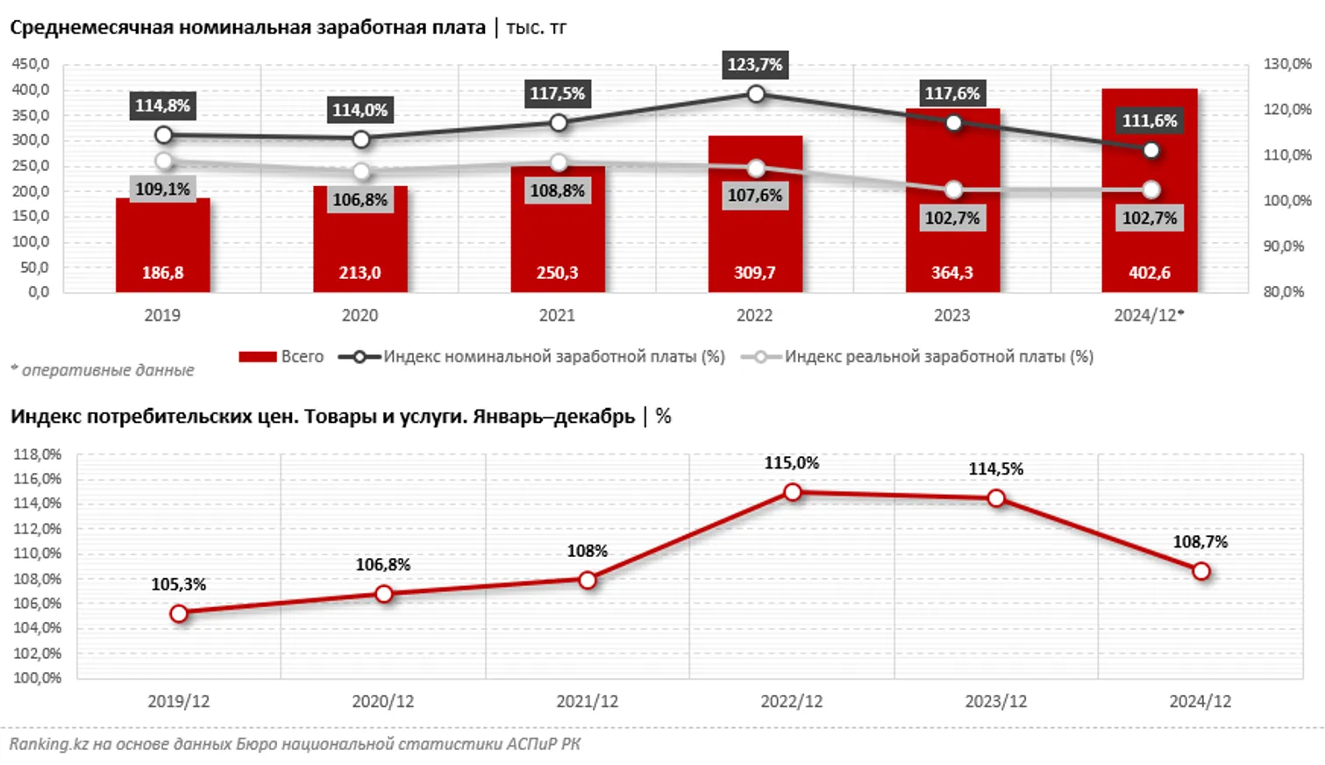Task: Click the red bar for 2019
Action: (x=162, y=237)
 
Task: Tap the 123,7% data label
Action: (x=754, y=65)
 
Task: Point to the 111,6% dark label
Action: (x=1150, y=121)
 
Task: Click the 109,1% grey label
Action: (x=162, y=189)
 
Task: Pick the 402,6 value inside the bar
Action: (x=1149, y=273)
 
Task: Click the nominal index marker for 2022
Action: (x=756, y=94)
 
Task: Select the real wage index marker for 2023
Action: (x=953, y=189)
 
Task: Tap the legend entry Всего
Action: (x=281, y=357)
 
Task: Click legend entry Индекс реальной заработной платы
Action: (x=918, y=357)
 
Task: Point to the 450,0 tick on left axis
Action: (x=31, y=64)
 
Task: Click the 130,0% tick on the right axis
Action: (x=1286, y=64)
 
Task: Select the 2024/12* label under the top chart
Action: (x=1149, y=316)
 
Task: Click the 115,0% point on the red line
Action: (x=793, y=492)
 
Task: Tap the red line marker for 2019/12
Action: (x=179, y=613)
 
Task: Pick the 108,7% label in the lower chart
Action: (x=1200, y=542)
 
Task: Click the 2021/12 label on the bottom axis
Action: (x=587, y=702)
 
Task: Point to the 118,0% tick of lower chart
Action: (x=38, y=454)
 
